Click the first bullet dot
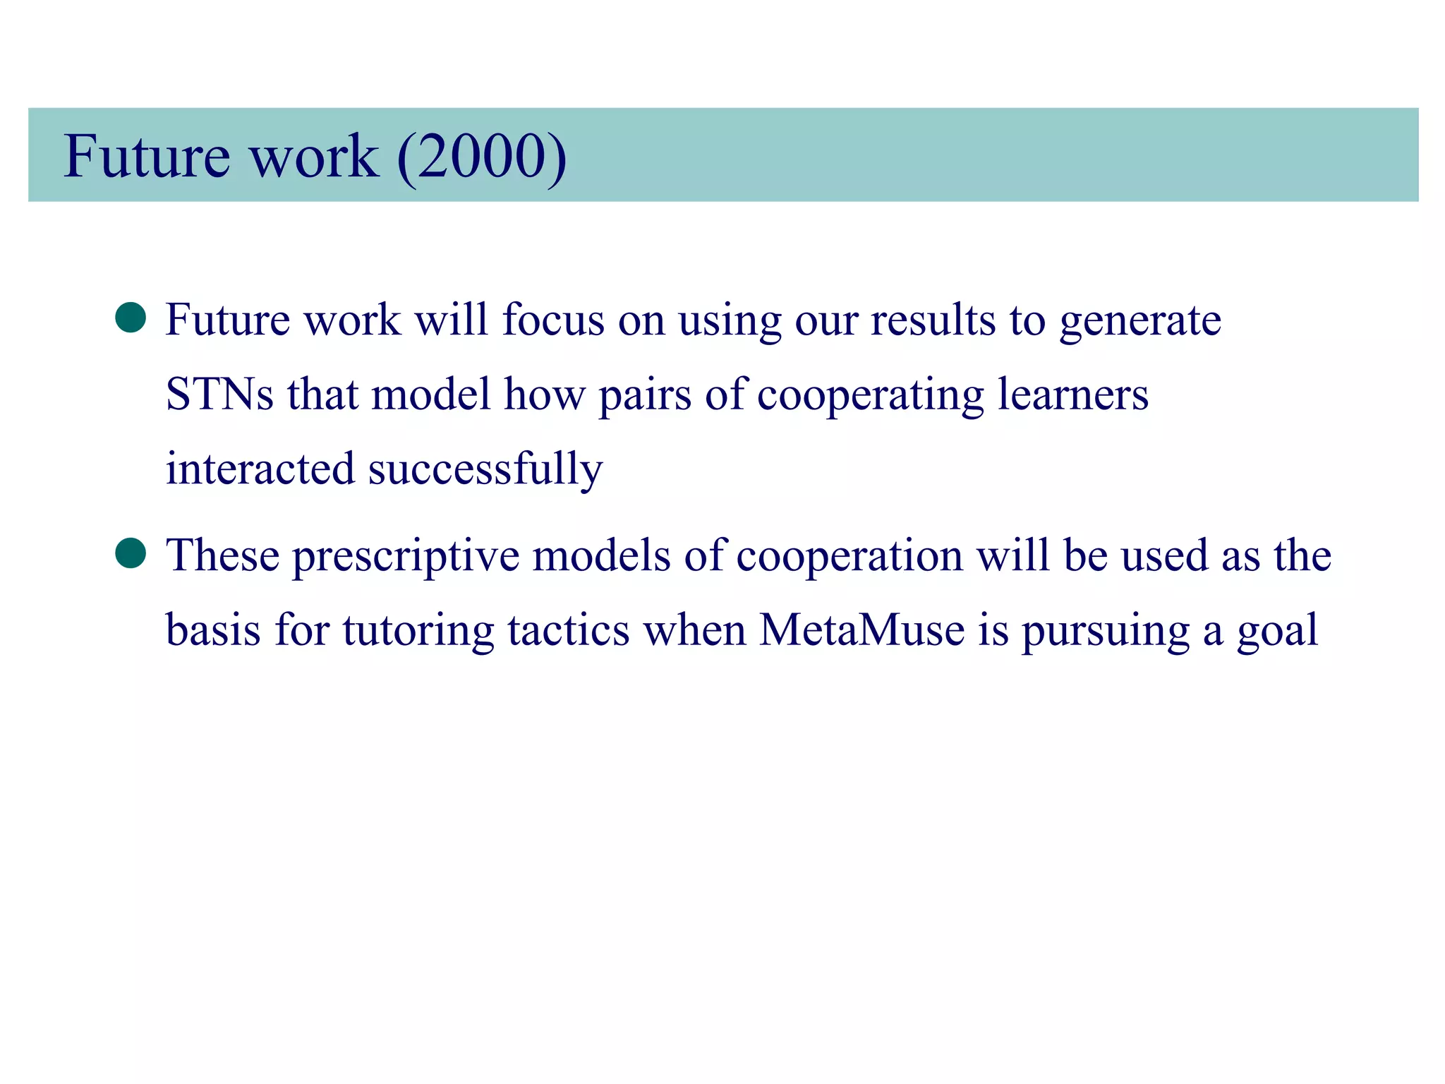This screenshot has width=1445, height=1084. pos(131,318)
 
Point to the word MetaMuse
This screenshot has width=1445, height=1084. pos(861,630)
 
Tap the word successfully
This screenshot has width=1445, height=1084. pos(485,469)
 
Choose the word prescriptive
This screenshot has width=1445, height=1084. pos(406,556)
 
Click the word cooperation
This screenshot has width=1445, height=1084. pos(850,556)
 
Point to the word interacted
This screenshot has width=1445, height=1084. pos(260,469)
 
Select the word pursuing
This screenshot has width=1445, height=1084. pos(1106,631)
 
